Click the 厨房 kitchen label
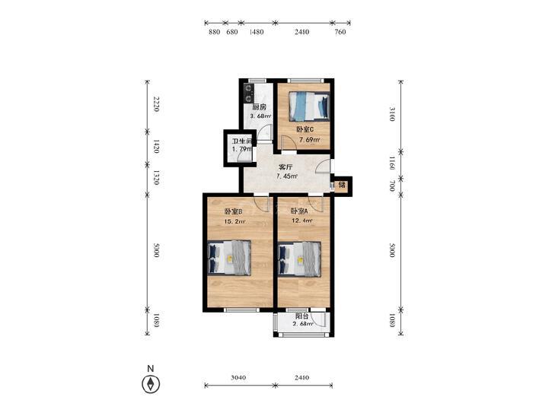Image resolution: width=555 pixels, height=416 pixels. [x=259, y=107]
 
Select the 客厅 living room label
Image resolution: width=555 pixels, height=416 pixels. [x=285, y=167]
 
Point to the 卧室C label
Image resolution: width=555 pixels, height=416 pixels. [x=305, y=130]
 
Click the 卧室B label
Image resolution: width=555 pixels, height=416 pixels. [x=233, y=211]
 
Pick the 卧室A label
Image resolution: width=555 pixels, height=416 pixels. [x=299, y=211]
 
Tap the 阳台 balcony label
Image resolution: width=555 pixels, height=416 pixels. [x=302, y=316]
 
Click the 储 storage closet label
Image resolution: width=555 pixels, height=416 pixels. [x=342, y=185]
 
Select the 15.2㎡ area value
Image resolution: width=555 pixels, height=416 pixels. [x=234, y=222]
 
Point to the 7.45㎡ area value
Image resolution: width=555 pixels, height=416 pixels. [x=287, y=176]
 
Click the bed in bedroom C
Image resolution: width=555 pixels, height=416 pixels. [x=309, y=106]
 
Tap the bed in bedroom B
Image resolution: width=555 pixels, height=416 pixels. [x=229, y=258]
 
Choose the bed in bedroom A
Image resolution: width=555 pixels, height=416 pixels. [x=299, y=259]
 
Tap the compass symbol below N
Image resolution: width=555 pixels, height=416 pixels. [x=151, y=384]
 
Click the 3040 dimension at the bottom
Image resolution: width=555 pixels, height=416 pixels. [x=238, y=377]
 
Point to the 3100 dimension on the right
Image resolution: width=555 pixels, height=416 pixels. [x=391, y=114]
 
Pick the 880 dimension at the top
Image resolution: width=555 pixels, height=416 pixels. [x=215, y=32]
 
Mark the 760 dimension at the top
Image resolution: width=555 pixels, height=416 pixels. [x=340, y=32]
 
